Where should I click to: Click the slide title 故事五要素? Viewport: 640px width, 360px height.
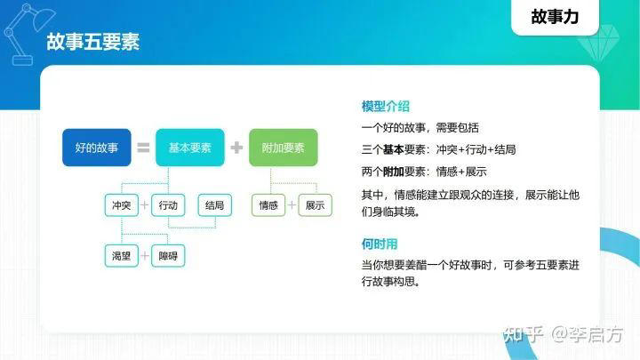pos(92,43)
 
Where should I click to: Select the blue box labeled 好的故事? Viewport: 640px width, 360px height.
pos(96,148)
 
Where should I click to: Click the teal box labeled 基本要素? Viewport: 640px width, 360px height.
pos(189,148)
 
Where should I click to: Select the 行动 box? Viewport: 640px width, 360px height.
pos(168,205)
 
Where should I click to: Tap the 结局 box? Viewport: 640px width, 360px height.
pos(215,205)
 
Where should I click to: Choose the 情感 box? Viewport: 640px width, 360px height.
pos(268,205)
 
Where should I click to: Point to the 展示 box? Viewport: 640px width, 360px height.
pos(315,205)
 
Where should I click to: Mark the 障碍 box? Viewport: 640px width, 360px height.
pos(168,256)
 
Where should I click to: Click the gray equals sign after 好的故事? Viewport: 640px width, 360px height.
pos(143,148)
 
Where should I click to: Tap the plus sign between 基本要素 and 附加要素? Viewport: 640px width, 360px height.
pos(236,148)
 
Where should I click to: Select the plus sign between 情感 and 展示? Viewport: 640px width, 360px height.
pos(292,205)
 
